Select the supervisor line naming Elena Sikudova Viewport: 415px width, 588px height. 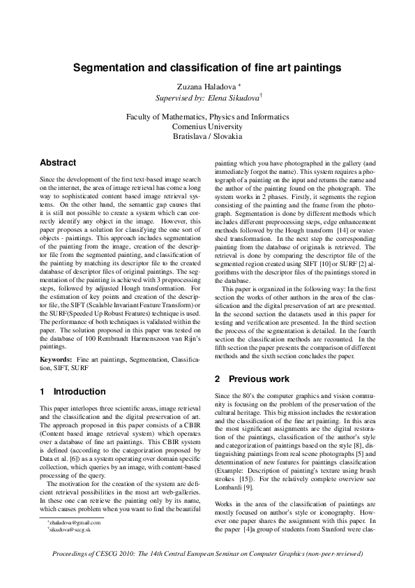tap(207, 98)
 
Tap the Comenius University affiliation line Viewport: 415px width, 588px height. tap(207, 127)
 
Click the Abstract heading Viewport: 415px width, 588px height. tap(58, 163)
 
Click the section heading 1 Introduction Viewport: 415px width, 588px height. tap(73, 392)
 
